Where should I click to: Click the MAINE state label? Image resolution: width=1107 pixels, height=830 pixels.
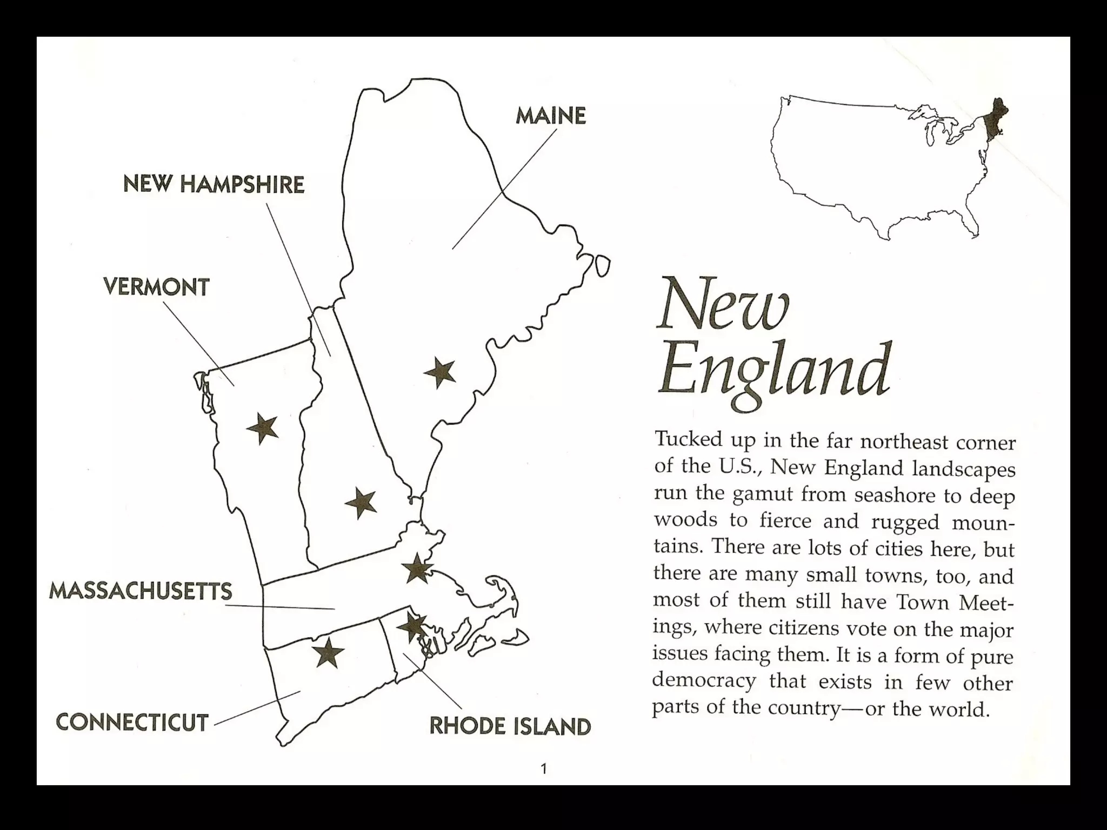pos(550,116)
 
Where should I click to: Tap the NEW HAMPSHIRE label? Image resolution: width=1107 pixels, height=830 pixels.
pos(214,185)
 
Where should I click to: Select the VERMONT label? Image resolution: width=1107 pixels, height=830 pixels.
pos(156,287)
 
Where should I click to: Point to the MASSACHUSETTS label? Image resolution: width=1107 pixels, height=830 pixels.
pos(141,591)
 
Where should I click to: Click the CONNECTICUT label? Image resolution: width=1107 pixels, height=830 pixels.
pos(132,722)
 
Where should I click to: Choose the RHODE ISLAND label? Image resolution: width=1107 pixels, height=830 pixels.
pos(510,726)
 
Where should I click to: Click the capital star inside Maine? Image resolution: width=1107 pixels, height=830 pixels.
pos(439,372)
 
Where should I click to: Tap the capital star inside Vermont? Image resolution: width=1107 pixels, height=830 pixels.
pos(263,429)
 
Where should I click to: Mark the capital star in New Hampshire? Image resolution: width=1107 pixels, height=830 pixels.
pos(361,503)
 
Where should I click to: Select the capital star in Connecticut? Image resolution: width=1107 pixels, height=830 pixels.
pos(328,653)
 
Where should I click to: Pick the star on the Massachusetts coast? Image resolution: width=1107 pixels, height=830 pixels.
pos(417,568)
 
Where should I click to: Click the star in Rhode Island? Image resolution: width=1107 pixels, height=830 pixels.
pos(412,627)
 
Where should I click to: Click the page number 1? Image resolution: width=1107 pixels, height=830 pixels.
pos(544,768)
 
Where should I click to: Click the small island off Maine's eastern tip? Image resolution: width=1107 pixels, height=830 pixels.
pos(602,266)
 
